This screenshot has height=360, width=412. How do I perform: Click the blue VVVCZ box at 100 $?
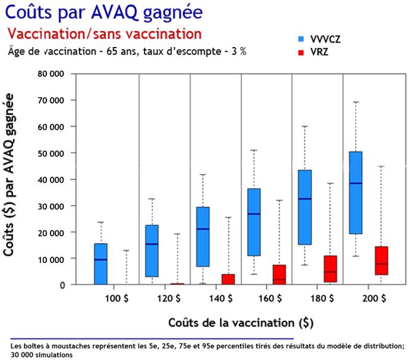(x=100, y=264)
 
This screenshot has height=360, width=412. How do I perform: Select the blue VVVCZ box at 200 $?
(x=356, y=192)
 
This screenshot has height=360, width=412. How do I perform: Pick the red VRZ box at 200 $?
(x=381, y=261)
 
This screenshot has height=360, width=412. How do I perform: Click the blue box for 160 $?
(x=254, y=222)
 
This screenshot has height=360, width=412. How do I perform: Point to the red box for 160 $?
(x=279, y=274)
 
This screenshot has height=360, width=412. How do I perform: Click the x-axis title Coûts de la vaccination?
(x=240, y=323)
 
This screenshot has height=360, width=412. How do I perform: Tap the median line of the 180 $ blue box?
(x=305, y=199)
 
